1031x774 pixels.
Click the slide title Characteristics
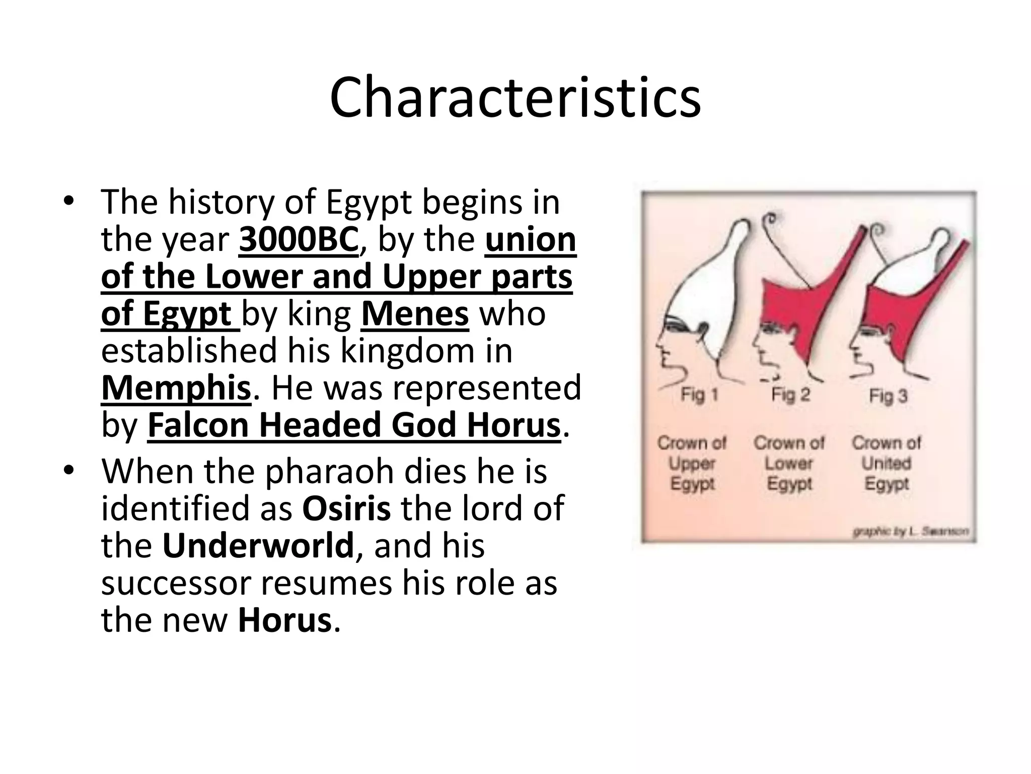(x=515, y=97)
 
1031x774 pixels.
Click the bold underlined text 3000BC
(x=299, y=240)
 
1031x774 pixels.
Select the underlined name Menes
(x=415, y=314)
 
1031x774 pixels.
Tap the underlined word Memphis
(x=176, y=388)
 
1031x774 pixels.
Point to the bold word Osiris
(x=346, y=508)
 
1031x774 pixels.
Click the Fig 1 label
(x=699, y=395)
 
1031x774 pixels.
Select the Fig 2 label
(x=791, y=395)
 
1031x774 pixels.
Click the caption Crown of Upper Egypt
(x=692, y=463)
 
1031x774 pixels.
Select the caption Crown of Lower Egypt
(x=789, y=463)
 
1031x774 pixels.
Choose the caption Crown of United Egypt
(x=887, y=463)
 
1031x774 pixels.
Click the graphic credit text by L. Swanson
(x=910, y=532)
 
